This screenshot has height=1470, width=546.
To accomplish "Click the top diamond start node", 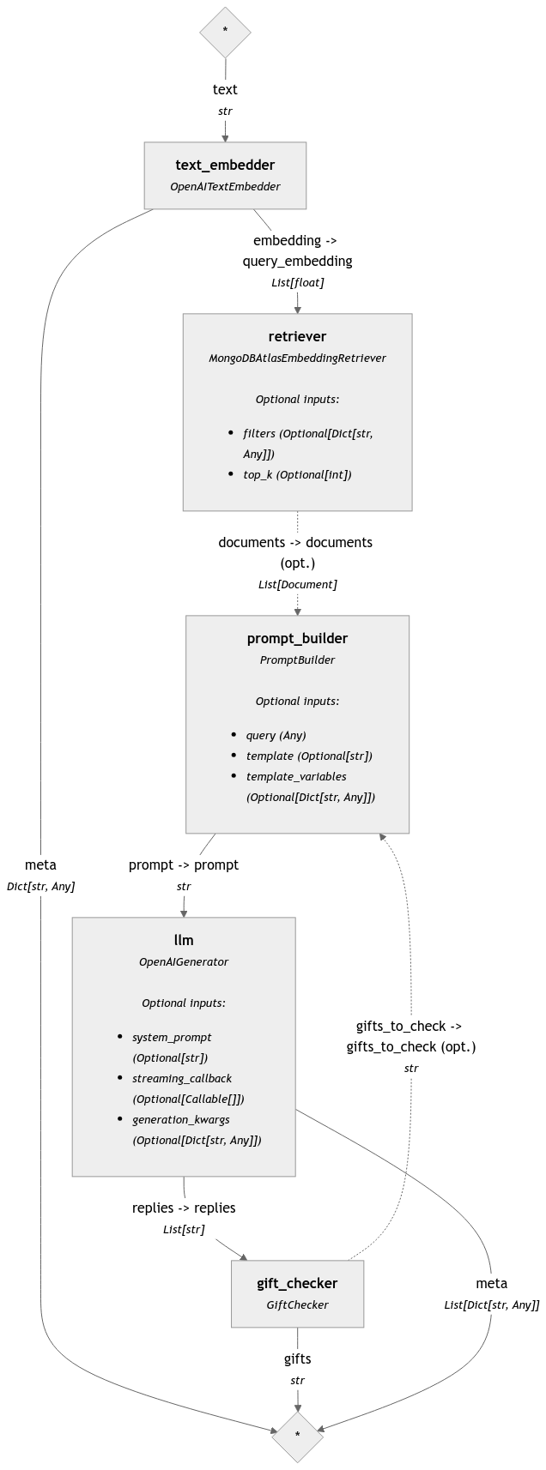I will [x=225, y=31].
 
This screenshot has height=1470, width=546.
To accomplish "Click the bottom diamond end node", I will [x=297, y=1436].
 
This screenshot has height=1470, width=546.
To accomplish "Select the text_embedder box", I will [x=225, y=175].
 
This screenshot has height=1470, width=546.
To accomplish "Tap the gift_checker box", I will [x=297, y=1293].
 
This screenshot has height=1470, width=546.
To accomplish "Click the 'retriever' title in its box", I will [x=297, y=336].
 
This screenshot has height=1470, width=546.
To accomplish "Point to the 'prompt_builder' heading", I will [x=297, y=638].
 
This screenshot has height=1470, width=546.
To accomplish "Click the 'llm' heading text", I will [x=184, y=940].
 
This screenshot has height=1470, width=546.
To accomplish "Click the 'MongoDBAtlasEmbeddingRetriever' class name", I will [x=297, y=358].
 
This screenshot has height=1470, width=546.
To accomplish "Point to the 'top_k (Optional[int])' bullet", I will [x=297, y=474].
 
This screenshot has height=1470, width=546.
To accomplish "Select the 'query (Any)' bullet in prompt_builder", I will [x=276, y=735].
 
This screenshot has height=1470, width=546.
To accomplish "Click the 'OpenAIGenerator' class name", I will [x=184, y=961].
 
